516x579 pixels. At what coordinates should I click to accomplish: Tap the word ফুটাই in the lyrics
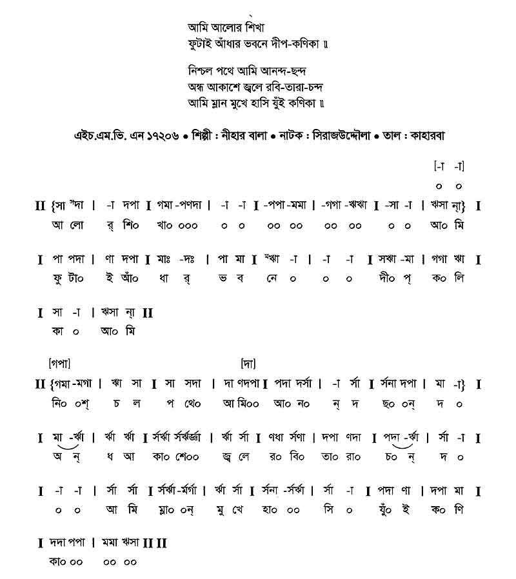tap(201, 45)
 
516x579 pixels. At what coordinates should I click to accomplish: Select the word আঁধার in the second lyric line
tap(236, 45)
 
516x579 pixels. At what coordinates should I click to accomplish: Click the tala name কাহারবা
tap(424, 137)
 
